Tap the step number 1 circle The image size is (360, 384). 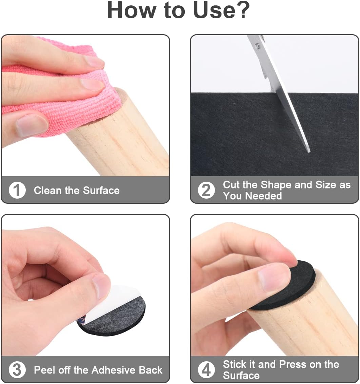[17, 190]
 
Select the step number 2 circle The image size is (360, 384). [206, 190]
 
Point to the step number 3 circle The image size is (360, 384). [17, 370]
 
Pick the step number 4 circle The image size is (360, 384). [206, 370]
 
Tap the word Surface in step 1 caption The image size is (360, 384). [101, 190]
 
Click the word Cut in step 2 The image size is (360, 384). [232, 185]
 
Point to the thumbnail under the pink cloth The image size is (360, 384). [32, 125]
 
